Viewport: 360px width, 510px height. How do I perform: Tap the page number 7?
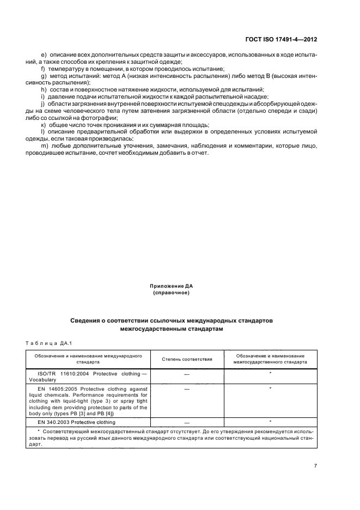[x=316, y=465]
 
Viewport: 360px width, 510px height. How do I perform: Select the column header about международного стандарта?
[x=88, y=358]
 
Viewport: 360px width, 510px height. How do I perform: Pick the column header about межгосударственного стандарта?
[x=270, y=358]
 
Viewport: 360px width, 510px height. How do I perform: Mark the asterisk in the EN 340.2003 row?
[x=270, y=422]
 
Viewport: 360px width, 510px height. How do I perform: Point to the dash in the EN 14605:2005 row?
[x=187, y=389]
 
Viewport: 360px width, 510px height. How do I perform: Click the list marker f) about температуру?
[x=43, y=69]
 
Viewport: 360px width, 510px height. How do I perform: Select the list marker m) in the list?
[x=44, y=146]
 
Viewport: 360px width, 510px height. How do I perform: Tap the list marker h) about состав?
[x=43, y=89]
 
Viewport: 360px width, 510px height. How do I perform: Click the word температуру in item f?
[x=67, y=69]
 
